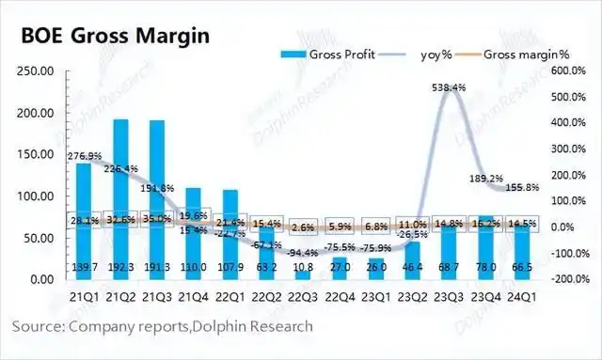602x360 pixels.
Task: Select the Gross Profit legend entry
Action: point(330,55)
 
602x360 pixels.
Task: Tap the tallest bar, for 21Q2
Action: point(120,188)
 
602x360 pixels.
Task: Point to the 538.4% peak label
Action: point(449,87)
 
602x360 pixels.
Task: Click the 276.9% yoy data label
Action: point(85,156)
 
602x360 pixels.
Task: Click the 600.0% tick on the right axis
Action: point(568,70)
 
